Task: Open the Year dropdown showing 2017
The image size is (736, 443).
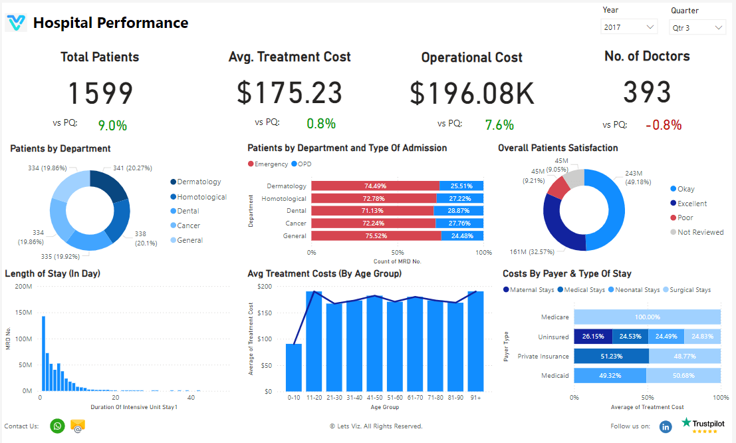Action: [x=629, y=27]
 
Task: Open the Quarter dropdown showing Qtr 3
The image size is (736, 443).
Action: [x=697, y=28]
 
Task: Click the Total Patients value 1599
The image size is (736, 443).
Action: [x=100, y=93]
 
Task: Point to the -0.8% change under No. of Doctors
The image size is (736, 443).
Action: [x=663, y=125]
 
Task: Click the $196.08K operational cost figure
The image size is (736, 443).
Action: [x=471, y=93]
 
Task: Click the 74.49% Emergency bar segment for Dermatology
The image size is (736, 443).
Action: [x=375, y=186]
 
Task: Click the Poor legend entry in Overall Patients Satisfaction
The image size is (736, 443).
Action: [x=685, y=218]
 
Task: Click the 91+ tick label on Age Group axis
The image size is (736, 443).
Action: [x=475, y=397]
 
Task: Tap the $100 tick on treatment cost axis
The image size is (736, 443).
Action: [x=265, y=339]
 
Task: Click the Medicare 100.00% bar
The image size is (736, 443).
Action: [x=648, y=318]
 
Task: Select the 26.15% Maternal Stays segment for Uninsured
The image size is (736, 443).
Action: [x=593, y=337]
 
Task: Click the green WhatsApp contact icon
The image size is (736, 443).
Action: [x=58, y=426]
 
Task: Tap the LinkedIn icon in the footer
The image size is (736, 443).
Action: [x=666, y=426]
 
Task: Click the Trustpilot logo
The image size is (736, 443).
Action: [x=703, y=424]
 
